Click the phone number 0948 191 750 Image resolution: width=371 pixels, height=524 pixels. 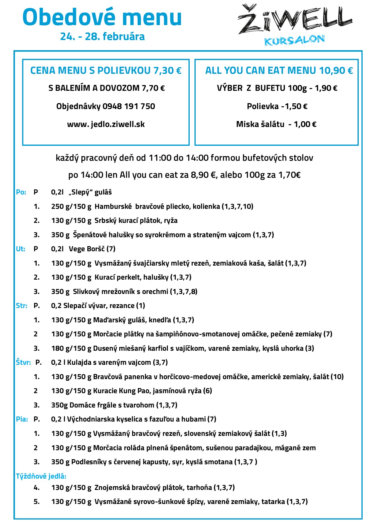(129, 106)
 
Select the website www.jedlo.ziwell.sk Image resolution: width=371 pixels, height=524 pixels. (106, 124)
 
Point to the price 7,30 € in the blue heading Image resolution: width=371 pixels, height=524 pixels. (167, 71)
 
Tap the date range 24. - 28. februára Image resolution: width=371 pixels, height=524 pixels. (102, 36)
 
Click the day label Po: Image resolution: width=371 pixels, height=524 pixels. (21, 192)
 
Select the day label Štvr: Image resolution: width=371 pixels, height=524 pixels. (23, 362)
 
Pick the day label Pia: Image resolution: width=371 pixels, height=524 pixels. (22, 419)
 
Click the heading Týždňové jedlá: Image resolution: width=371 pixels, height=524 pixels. (41, 476)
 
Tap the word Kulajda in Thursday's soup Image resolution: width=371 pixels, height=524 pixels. (79, 362)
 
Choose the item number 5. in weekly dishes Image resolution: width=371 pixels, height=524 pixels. (37, 502)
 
